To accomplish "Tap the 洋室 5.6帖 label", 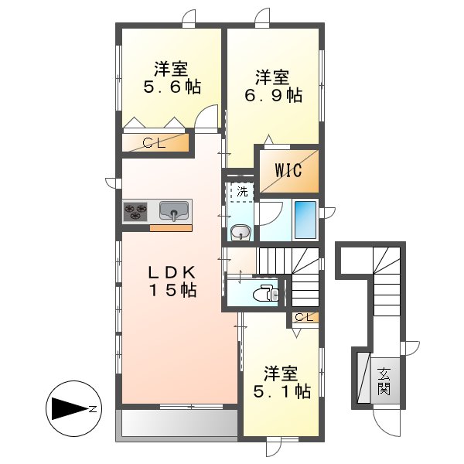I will pos(171,77).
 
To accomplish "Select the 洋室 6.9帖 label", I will pos(274,86).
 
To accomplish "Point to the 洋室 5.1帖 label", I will pos(280,382).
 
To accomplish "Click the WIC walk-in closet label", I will pos(287,170).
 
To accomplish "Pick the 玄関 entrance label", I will pos(384,380).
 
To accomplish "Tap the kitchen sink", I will pos(175,210).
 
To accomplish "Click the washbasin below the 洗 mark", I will pos(240,231).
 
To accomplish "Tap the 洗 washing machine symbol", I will pos(241,190).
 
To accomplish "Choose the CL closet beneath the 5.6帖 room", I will pos(155,142).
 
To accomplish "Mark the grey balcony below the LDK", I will pos(177,424).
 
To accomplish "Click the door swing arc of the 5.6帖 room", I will pos(206,118).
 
